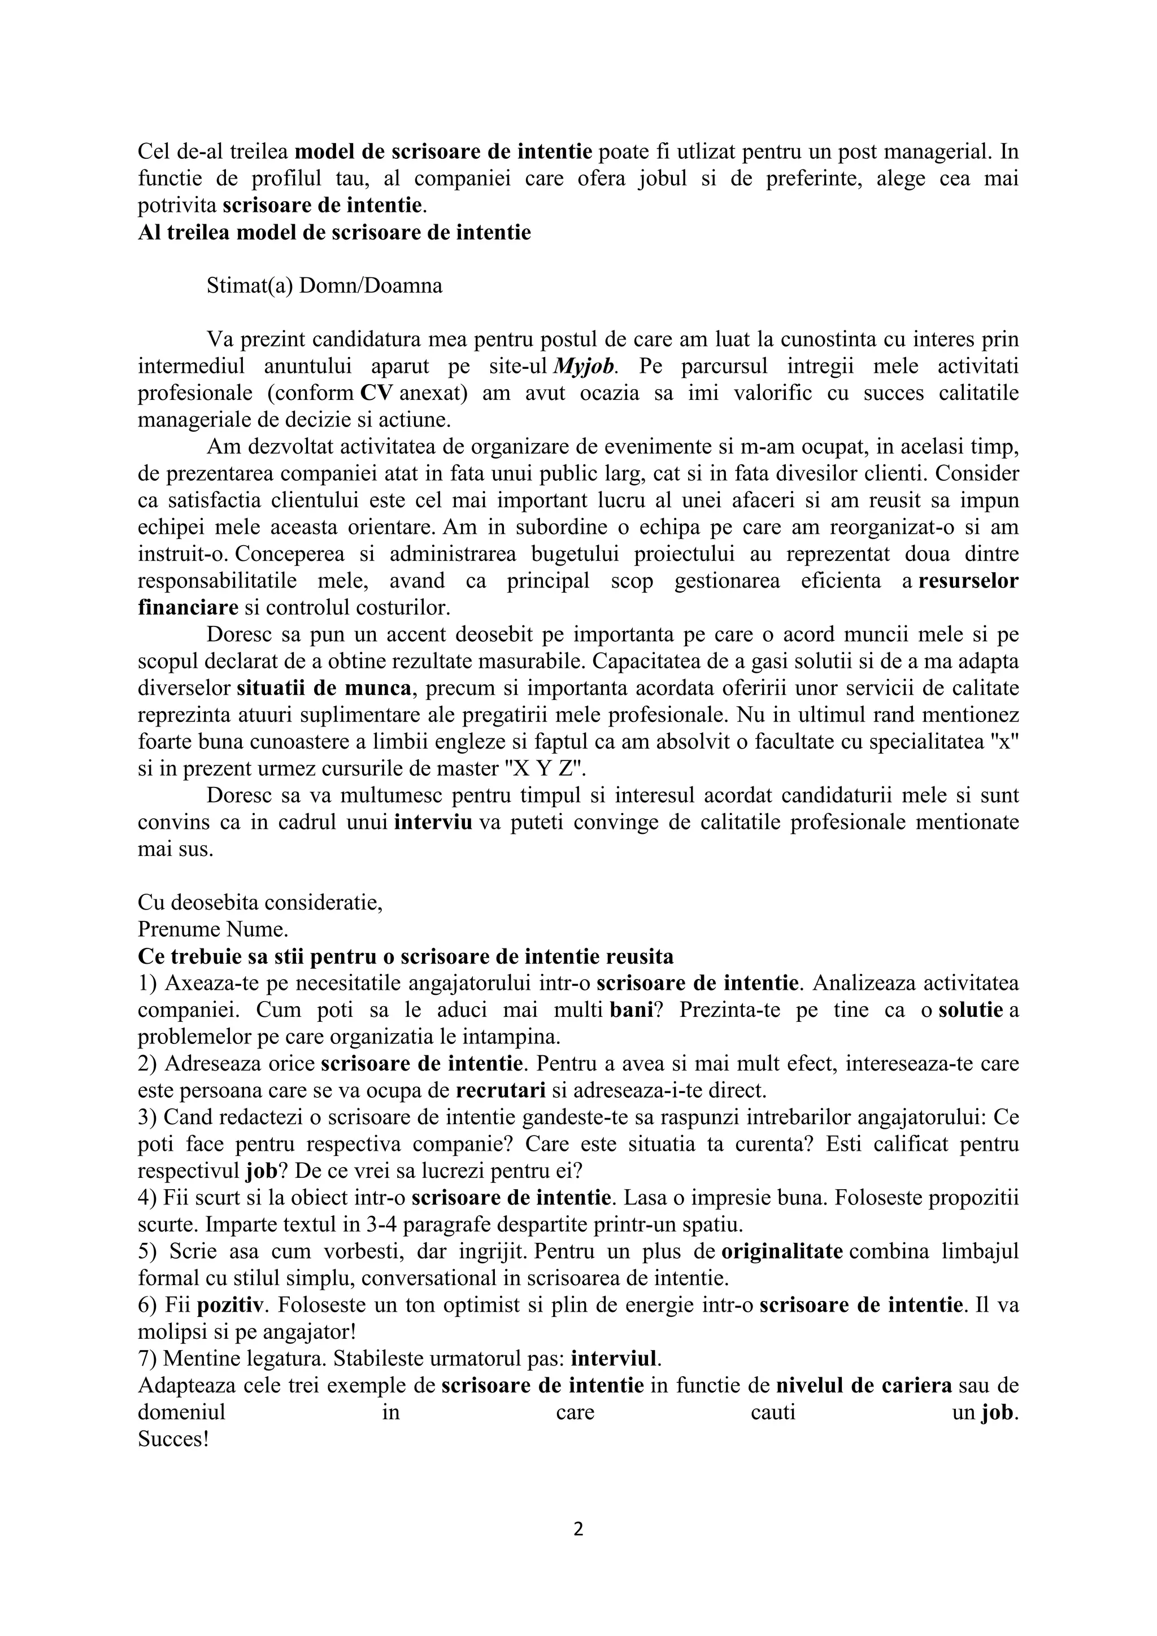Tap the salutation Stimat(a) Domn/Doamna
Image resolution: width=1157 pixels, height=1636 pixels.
coord(324,286)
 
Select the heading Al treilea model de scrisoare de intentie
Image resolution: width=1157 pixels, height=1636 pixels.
coord(334,233)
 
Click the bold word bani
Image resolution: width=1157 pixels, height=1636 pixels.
coord(631,1011)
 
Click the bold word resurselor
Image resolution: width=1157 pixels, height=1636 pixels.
coord(968,581)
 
